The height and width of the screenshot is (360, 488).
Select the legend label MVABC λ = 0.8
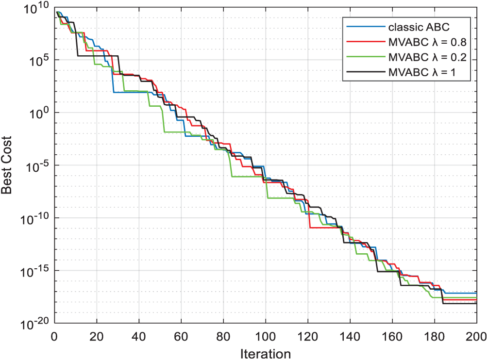tap(426, 42)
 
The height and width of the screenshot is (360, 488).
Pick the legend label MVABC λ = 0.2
tap(426, 57)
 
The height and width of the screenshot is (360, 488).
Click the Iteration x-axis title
tap(265, 353)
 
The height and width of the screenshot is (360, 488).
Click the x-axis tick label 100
tap(265, 335)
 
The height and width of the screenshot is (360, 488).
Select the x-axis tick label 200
tap(476, 335)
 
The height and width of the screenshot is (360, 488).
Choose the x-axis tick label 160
tap(392, 335)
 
